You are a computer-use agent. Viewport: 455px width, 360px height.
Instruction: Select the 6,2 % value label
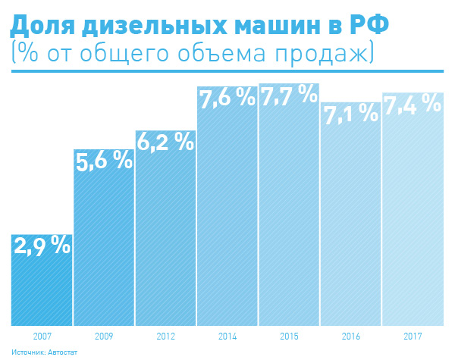pos(165,141)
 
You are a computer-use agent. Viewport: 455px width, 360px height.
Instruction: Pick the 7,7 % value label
pos(289,96)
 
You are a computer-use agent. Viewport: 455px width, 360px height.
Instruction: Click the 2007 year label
pos(42,335)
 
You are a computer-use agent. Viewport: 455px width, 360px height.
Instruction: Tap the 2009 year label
pos(103,335)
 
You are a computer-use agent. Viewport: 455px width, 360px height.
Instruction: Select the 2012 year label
pos(165,335)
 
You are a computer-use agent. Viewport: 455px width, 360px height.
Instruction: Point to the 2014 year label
pos(227,335)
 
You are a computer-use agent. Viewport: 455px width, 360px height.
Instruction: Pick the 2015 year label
pos(289,335)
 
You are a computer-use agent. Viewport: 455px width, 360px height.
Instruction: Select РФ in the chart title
pos(369,27)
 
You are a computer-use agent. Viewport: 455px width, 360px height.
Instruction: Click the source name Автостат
pos(65,352)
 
